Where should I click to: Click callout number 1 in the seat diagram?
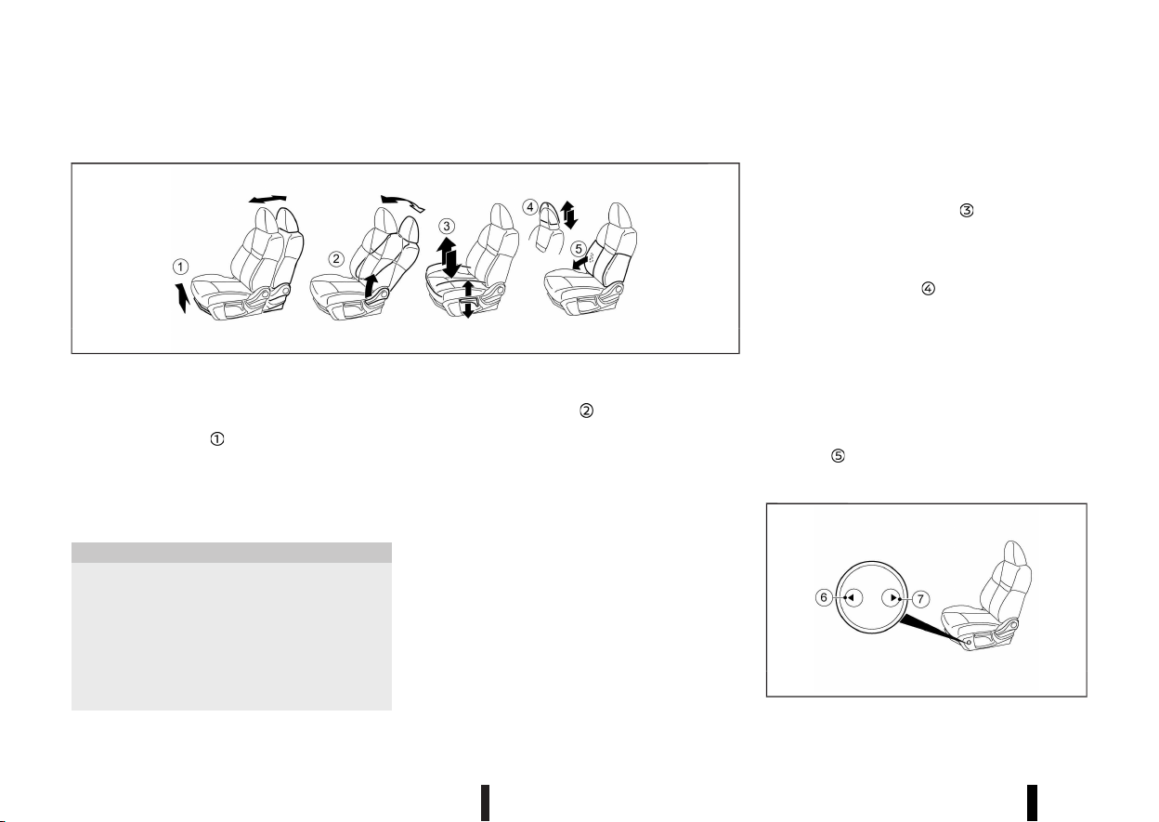point(180,267)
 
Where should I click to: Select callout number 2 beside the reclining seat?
point(336,258)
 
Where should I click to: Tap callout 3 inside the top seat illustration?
point(447,227)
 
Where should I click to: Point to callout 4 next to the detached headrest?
point(530,207)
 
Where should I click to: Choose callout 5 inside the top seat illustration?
point(579,249)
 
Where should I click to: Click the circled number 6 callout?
point(824,598)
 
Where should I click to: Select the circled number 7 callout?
point(920,599)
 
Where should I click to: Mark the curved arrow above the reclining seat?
point(402,202)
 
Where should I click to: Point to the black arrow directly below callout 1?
point(181,298)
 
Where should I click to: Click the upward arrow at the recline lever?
point(371,286)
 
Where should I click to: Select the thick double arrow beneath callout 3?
point(448,257)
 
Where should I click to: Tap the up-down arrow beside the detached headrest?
point(569,215)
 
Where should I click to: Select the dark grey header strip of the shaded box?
point(231,553)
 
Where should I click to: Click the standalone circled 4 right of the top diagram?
point(929,289)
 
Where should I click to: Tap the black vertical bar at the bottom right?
point(1033,802)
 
